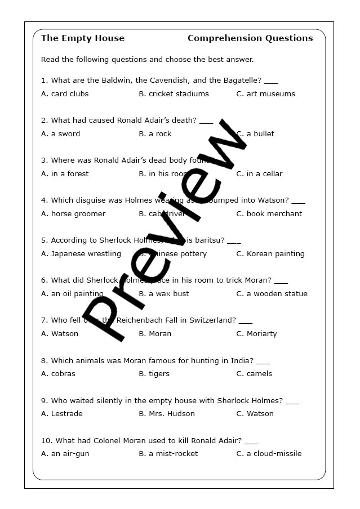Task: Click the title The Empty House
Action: click(83, 38)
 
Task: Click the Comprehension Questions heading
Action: click(250, 38)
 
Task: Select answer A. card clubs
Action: click(65, 93)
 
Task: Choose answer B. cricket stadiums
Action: click(174, 93)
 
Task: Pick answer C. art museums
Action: click(265, 93)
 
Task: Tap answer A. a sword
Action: click(60, 133)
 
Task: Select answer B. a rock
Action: click(155, 133)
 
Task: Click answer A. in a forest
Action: click(65, 173)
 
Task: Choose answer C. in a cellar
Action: click(259, 173)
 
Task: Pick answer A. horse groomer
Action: click(73, 213)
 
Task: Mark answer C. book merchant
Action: click(269, 213)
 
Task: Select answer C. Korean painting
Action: click(270, 253)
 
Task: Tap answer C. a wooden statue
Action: click(272, 293)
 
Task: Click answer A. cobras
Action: click(58, 373)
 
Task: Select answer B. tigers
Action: click(154, 373)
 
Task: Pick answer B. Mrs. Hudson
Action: click(167, 413)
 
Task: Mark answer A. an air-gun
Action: click(65, 453)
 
